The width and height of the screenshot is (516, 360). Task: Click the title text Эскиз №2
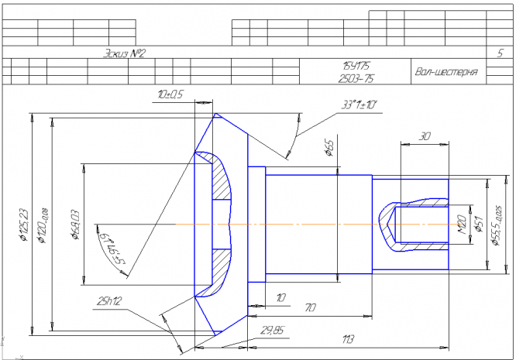tap(125, 53)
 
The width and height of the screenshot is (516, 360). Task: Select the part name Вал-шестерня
tap(445, 73)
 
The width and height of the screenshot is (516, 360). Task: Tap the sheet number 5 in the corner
tap(499, 53)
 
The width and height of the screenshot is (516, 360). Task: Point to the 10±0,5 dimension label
tap(169, 94)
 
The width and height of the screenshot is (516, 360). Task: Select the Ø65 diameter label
tap(329, 148)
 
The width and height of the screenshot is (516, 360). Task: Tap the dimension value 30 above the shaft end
tap(424, 135)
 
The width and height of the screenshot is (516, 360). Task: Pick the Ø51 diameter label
tap(478, 224)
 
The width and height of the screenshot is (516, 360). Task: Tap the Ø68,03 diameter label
tap(74, 224)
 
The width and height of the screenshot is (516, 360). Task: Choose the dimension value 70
tap(310, 308)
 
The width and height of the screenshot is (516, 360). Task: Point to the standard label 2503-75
tap(356, 79)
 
